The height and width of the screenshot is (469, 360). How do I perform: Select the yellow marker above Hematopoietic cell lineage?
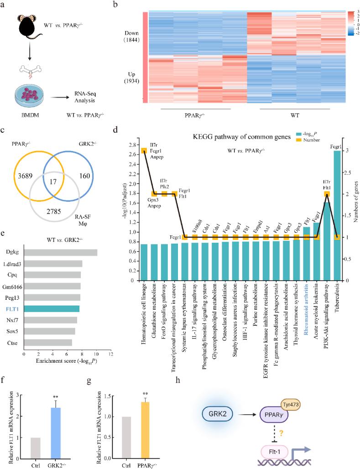(x=143, y=151)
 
